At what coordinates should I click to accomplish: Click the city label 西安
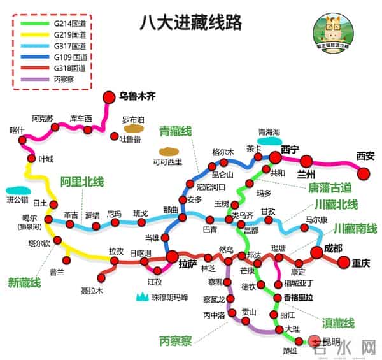click(x=365, y=155)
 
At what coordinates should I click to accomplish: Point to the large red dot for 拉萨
click(x=172, y=256)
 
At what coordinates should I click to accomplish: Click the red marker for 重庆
click(x=344, y=261)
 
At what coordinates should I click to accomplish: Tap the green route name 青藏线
click(x=175, y=131)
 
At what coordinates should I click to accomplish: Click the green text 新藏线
click(x=24, y=282)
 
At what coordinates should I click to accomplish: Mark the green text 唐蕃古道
click(x=329, y=187)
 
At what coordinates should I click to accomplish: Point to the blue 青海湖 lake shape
click(x=269, y=140)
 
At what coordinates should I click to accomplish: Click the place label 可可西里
click(x=167, y=162)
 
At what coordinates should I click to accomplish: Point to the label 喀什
click(x=17, y=130)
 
